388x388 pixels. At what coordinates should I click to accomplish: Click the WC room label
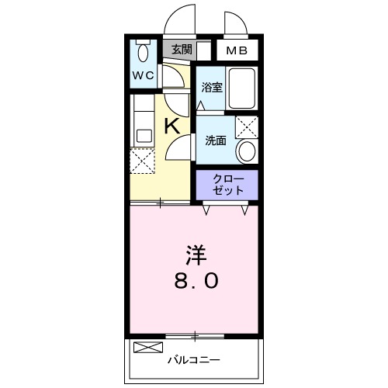point(144,75)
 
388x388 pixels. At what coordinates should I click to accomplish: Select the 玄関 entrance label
point(181,49)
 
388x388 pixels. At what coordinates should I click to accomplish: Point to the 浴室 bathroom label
point(212,88)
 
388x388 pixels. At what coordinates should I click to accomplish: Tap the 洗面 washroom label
point(215,140)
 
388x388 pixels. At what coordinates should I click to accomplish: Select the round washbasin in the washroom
point(248,151)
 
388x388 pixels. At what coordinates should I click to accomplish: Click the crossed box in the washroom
point(247,126)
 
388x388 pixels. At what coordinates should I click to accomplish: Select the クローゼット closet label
point(226,184)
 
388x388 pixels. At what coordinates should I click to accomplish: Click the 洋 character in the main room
point(195,255)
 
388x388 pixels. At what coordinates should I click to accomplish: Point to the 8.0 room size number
point(195,281)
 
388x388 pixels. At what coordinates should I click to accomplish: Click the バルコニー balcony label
point(195,360)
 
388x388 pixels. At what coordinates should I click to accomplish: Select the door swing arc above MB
point(234,23)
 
